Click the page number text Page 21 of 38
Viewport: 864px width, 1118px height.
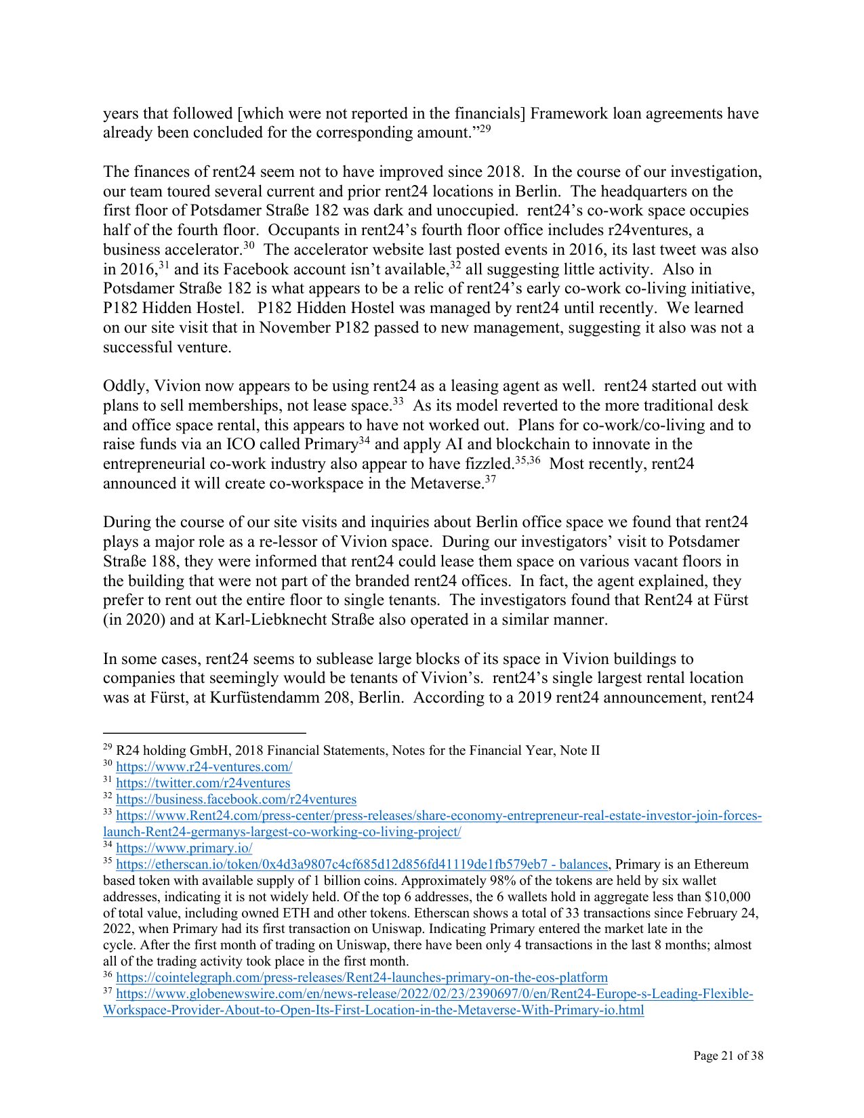pyautogui.click(x=728, y=1056)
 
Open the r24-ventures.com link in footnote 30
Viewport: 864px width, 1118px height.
pyautogui.click(x=204, y=767)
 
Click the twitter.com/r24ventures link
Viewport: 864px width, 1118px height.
pyautogui.click(x=203, y=783)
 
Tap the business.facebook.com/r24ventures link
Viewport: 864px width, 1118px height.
pyautogui.click(x=236, y=800)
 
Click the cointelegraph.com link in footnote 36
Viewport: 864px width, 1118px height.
pyautogui.click(x=361, y=978)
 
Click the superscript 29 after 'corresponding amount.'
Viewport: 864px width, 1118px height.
pyautogui.click(x=485, y=129)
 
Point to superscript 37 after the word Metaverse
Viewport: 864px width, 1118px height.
pyautogui.click(x=491, y=480)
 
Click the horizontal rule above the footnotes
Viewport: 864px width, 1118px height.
pyautogui.click(x=204, y=732)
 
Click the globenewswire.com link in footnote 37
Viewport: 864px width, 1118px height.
pyautogui.click(x=434, y=994)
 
